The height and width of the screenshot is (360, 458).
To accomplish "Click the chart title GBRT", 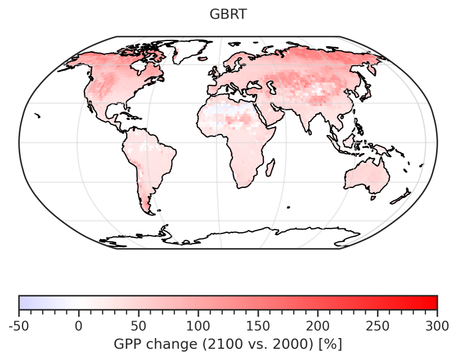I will (x=228, y=15).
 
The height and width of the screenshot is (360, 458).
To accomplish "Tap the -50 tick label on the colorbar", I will (x=20, y=325).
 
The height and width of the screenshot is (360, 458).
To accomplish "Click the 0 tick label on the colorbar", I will (x=79, y=325).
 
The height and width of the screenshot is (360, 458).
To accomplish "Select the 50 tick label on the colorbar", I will (x=138, y=325).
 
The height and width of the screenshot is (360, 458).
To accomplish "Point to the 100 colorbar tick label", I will (x=198, y=325).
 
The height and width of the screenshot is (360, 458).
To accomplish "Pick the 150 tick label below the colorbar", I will (x=258, y=325).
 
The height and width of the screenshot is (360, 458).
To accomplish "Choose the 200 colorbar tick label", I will (x=317, y=325).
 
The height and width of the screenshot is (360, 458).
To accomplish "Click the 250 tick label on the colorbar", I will (x=377, y=325).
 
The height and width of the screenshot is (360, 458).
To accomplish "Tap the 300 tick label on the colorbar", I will (x=437, y=325).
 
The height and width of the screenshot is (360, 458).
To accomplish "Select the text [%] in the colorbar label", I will (x=331, y=343).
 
